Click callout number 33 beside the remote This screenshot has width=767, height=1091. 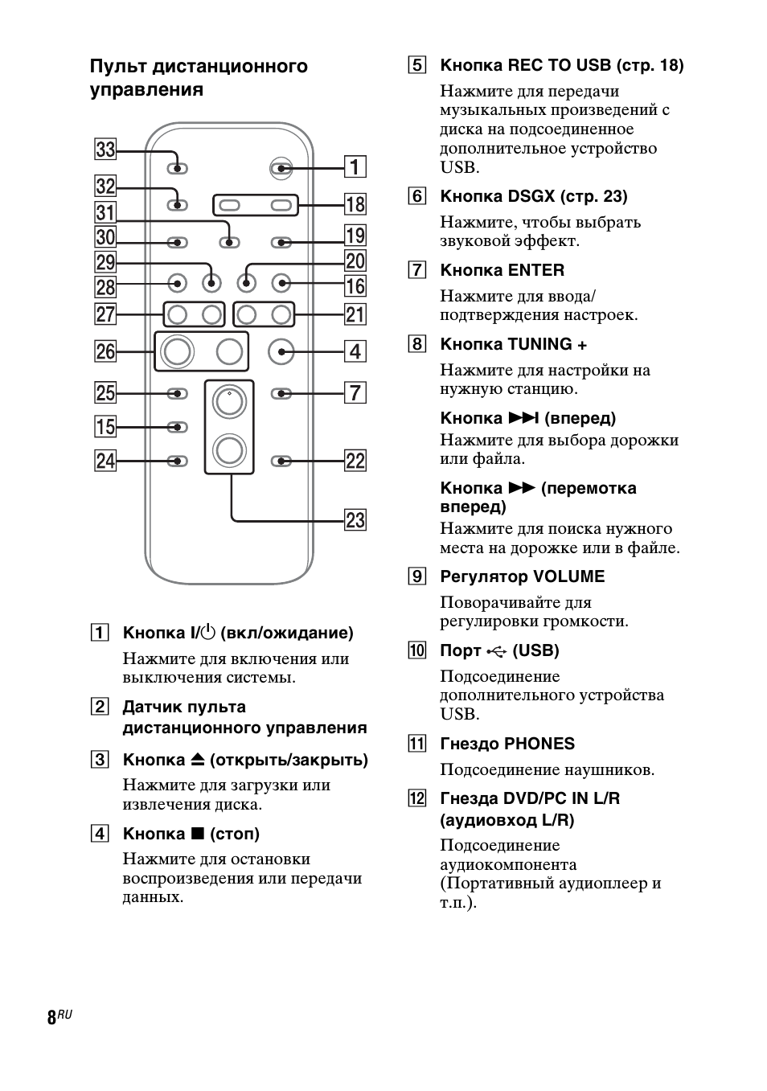pos(105,150)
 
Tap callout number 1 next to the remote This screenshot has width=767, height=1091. pos(355,167)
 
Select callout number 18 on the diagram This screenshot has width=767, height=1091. pos(355,204)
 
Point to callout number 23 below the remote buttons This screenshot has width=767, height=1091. pos(355,520)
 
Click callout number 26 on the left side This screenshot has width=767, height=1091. pos(105,351)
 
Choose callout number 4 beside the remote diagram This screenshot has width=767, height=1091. pos(355,351)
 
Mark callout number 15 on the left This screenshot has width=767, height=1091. pos(105,426)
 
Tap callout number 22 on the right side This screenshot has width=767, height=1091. pos(355,461)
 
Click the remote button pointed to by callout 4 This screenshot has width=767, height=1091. pos(281,351)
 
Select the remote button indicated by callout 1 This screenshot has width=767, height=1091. pos(281,168)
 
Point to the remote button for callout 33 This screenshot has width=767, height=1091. pos(178,168)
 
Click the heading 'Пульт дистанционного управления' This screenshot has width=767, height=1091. pos(199,77)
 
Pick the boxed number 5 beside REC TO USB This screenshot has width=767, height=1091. pos(416,65)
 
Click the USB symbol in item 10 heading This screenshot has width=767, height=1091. pos(497,651)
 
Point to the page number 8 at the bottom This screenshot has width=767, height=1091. pos(51,1017)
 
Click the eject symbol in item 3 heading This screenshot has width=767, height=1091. pos(199,760)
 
